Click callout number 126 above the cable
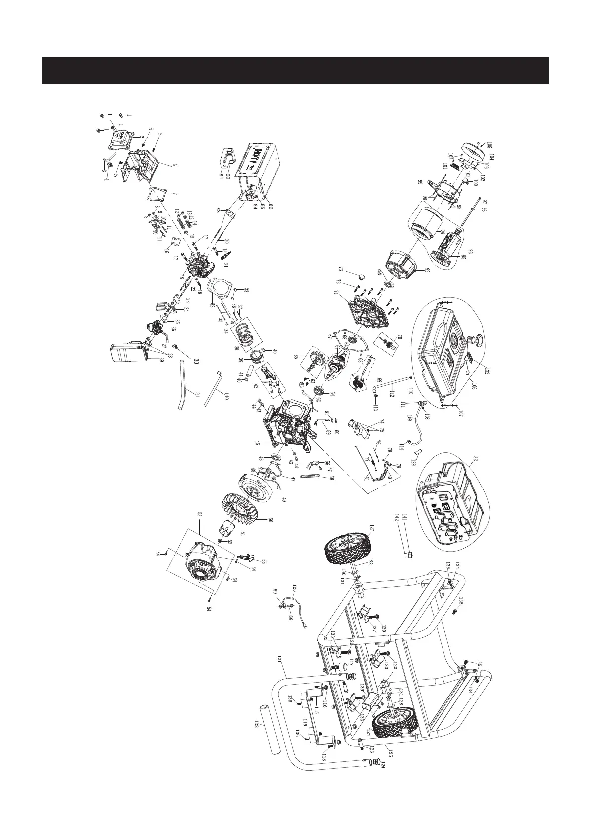point(294,588)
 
